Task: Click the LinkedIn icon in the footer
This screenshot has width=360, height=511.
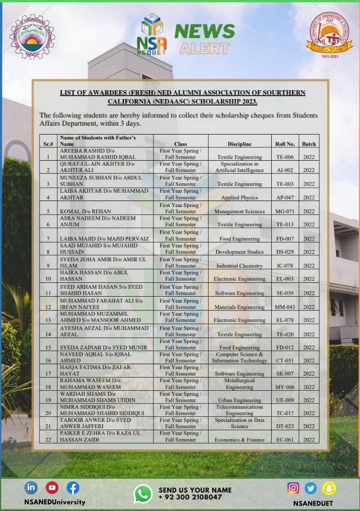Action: click(31, 488)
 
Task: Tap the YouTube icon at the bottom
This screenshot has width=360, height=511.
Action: click(52, 488)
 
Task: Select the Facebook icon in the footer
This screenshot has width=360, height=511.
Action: click(72, 488)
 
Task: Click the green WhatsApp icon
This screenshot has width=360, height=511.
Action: click(143, 494)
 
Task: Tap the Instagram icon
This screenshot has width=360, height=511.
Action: click(293, 488)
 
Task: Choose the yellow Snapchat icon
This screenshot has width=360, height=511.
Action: click(329, 488)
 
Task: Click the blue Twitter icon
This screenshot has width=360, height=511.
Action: click(311, 488)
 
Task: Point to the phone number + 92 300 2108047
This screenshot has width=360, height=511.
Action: click(190, 497)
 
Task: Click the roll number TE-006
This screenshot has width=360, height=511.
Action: click(285, 157)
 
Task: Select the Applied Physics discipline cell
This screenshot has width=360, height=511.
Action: click(239, 198)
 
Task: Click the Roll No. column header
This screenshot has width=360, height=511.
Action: click(285, 144)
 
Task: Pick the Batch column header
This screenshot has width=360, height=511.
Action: click(309, 144)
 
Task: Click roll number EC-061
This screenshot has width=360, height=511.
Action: click(285, 440)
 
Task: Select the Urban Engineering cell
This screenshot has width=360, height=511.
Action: click(239, 400)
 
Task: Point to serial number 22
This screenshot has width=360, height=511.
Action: click(48, 440)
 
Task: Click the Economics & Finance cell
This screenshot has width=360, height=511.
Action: click(239, 440)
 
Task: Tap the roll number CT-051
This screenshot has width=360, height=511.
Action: click(285, 361)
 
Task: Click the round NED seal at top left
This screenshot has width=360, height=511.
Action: click(33, 36)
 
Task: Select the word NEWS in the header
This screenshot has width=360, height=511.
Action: click(204, 32)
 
